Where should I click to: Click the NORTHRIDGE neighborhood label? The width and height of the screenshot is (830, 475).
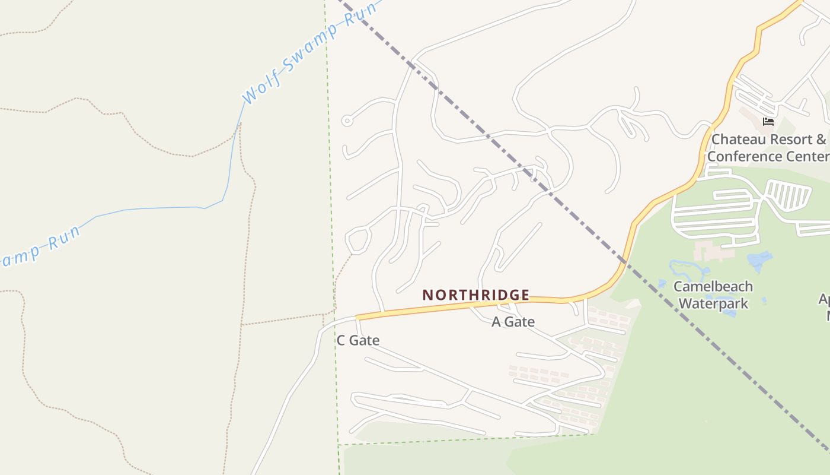pyautogui.click(x=475, y=294)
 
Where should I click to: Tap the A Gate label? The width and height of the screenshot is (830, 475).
pyautogui.click(x=513, y=322)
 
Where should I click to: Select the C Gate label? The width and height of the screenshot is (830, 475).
pyautogui.click(x=357, y=340)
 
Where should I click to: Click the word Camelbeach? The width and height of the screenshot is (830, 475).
pyautogui.click(x=713, y=286)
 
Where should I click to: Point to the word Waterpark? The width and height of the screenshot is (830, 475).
pyautogui.click(x=713, y=303)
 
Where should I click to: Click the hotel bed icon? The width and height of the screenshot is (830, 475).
pyautogui.click(x=768, y=122)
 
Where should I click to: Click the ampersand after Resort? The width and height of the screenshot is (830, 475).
pyautogui.click(x=821, y=139)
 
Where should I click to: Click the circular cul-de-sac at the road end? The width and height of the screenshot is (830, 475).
pyautogui.click(x=347, y=121)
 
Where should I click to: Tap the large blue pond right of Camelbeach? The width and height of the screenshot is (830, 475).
pyautogui.click(x=759, y=260)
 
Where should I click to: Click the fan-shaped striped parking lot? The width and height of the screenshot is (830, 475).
pyautogui.click(x=788, y=195)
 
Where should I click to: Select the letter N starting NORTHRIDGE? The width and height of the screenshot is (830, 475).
pyautogui.click(x=427, y=294)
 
